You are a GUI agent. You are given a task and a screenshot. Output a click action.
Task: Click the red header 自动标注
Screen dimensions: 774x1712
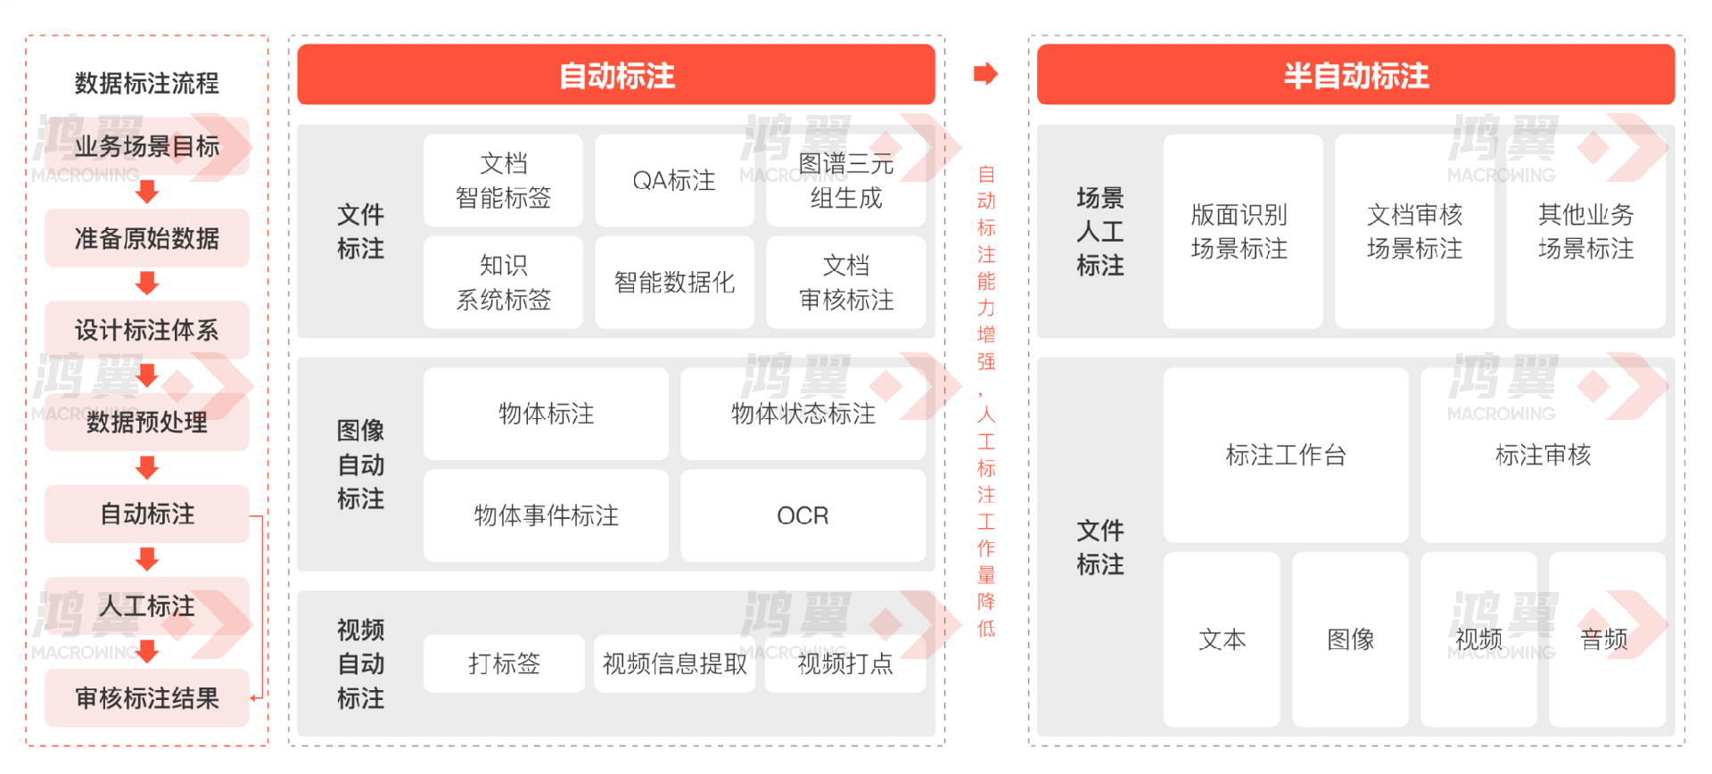point(616,75)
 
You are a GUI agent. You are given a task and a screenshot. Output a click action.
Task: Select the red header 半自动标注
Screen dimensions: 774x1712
point(1355,75)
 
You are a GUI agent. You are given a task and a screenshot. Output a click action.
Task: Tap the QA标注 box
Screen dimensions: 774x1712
point(674,180)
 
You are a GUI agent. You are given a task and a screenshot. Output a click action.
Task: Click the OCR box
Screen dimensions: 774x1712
point(802,515)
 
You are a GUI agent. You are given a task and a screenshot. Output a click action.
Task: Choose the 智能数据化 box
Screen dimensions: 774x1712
point(674,282)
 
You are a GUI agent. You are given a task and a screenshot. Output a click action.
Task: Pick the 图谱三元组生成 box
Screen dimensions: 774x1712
point(845,180)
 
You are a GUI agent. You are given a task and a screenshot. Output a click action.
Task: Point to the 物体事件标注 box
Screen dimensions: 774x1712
point(546,515)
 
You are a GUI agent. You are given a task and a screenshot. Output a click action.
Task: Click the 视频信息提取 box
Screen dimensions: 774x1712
point(674,663)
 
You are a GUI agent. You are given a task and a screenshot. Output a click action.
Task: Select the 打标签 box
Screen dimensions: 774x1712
point(504,663)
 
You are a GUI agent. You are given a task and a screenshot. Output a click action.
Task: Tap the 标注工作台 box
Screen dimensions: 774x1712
point(1286,455)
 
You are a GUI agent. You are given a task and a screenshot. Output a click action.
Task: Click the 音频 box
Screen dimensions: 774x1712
point(1606,638)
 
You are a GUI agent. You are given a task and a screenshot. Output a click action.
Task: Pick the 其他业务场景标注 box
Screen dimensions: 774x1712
point(1585,231)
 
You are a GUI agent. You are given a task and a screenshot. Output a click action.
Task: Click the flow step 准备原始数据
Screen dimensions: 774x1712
point(147,238)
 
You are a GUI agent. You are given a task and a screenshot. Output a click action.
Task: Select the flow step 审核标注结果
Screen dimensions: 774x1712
point(147,697)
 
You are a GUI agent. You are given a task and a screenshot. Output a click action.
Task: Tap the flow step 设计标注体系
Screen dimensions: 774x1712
point(147,330)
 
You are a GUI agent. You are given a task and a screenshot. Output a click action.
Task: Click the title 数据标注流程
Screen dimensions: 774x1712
point(147,83)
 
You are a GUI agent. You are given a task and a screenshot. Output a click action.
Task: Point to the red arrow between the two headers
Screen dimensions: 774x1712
point(985,73)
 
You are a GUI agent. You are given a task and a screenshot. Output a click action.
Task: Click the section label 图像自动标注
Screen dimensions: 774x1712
point(360,465)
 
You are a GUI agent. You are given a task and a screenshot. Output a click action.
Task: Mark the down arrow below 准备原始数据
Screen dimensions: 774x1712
point(147,284)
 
